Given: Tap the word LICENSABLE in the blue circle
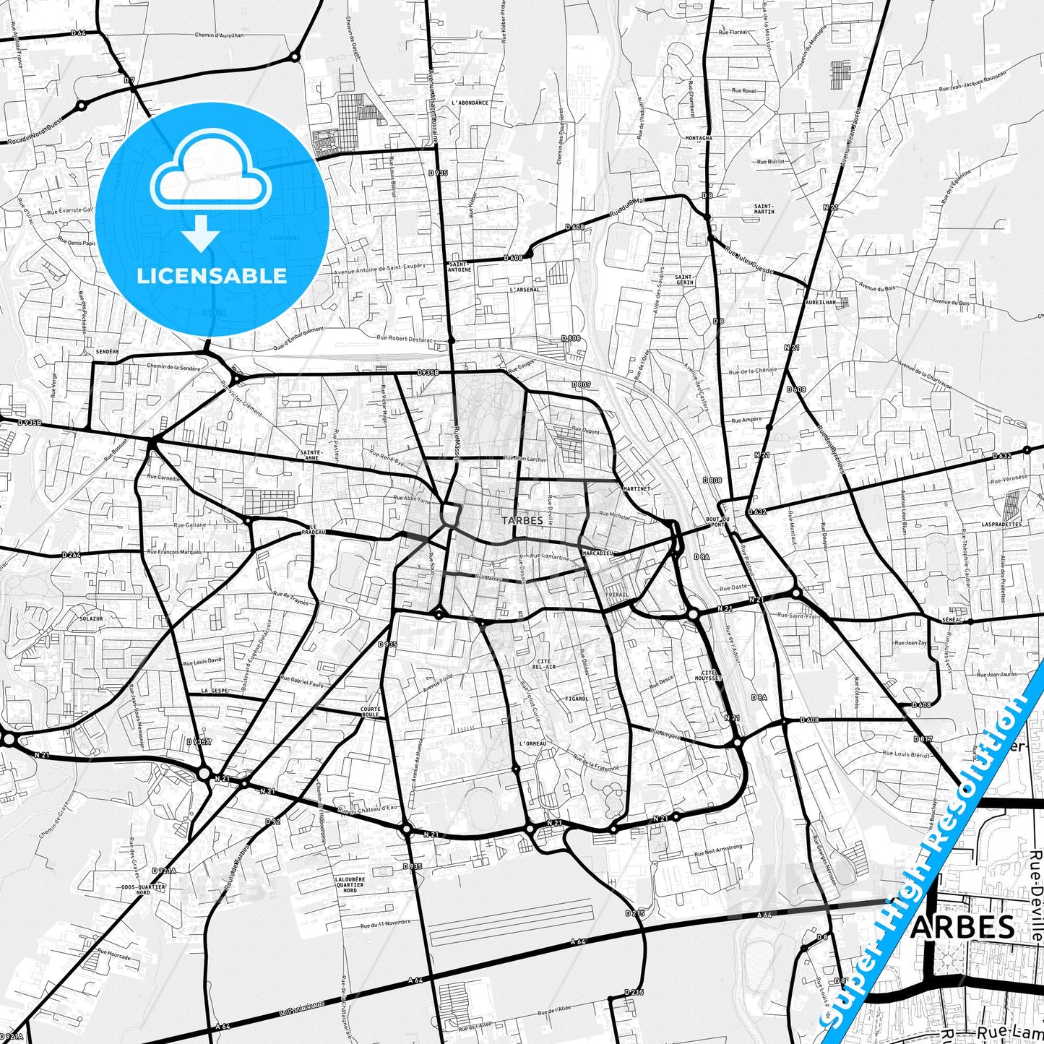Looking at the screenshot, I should coord(212,275).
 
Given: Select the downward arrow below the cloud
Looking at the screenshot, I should coord(202,233).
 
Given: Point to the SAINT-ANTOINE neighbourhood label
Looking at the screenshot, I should coord(460,267).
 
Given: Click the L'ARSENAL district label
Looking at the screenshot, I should coord(524,290).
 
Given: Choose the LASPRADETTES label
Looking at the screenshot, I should coord(1001,525).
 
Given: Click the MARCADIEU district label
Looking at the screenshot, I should coord(598,553).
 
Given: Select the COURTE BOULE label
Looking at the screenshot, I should coord(370,712).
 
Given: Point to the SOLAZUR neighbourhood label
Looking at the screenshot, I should coord(91,619).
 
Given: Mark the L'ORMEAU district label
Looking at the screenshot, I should coord(532,743).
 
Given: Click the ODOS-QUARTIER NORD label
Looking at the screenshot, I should coord(136,889).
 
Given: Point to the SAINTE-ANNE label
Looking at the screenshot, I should coord(311,455).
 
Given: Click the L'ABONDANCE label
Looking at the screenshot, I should coord(470,103).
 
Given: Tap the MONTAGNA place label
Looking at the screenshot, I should coord(699,137).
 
